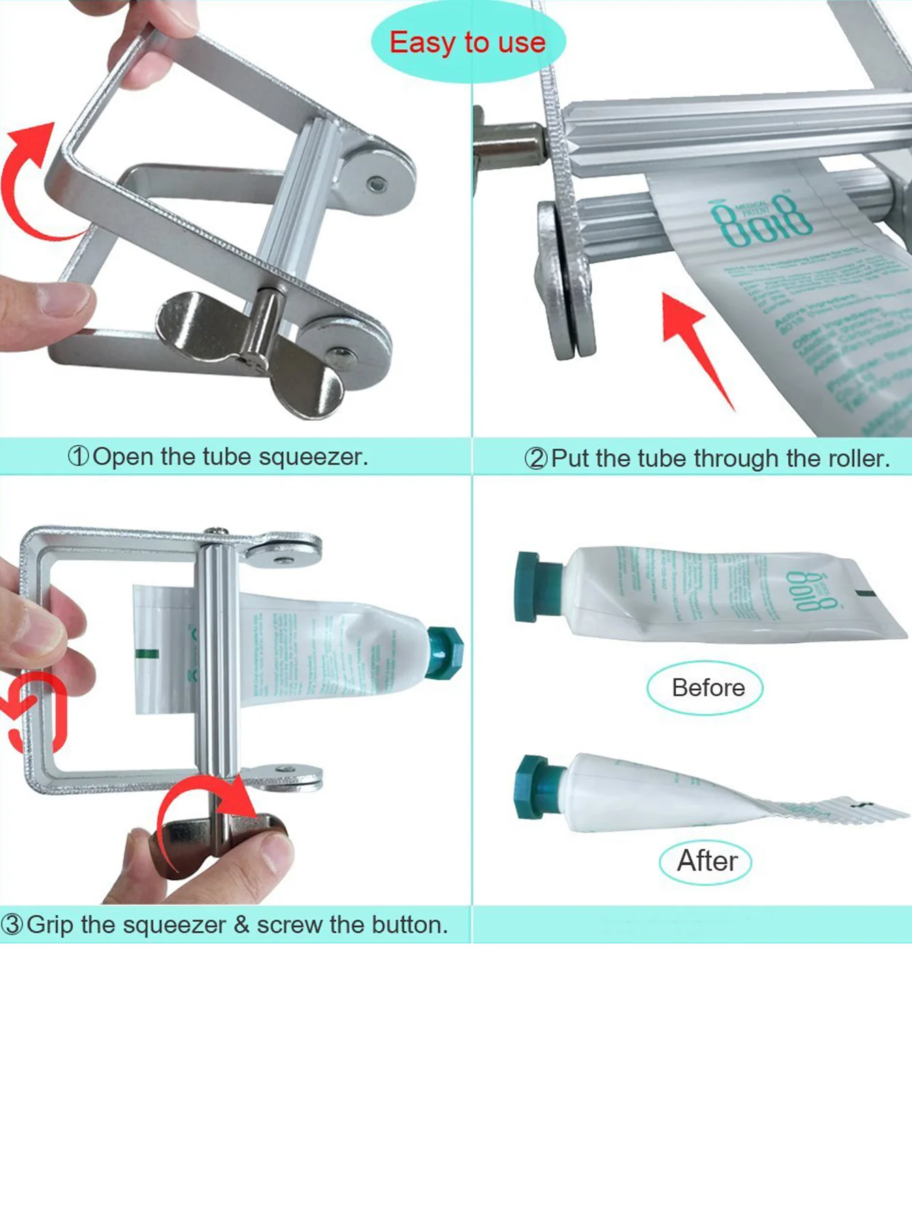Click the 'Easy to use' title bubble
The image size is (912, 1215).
[x=468, y=42]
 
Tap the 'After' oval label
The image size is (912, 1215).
[x=706, y=862]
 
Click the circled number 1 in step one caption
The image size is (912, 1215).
[x=78, y=456]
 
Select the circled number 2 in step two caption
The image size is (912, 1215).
[x=535, y=459]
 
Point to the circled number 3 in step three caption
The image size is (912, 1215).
[x=12, y=924]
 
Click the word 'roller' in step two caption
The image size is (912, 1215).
[x=856, y=459]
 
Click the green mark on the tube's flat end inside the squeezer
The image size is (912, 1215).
[x=147, y=654]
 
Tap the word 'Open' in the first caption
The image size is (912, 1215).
[x=123, y=456]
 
